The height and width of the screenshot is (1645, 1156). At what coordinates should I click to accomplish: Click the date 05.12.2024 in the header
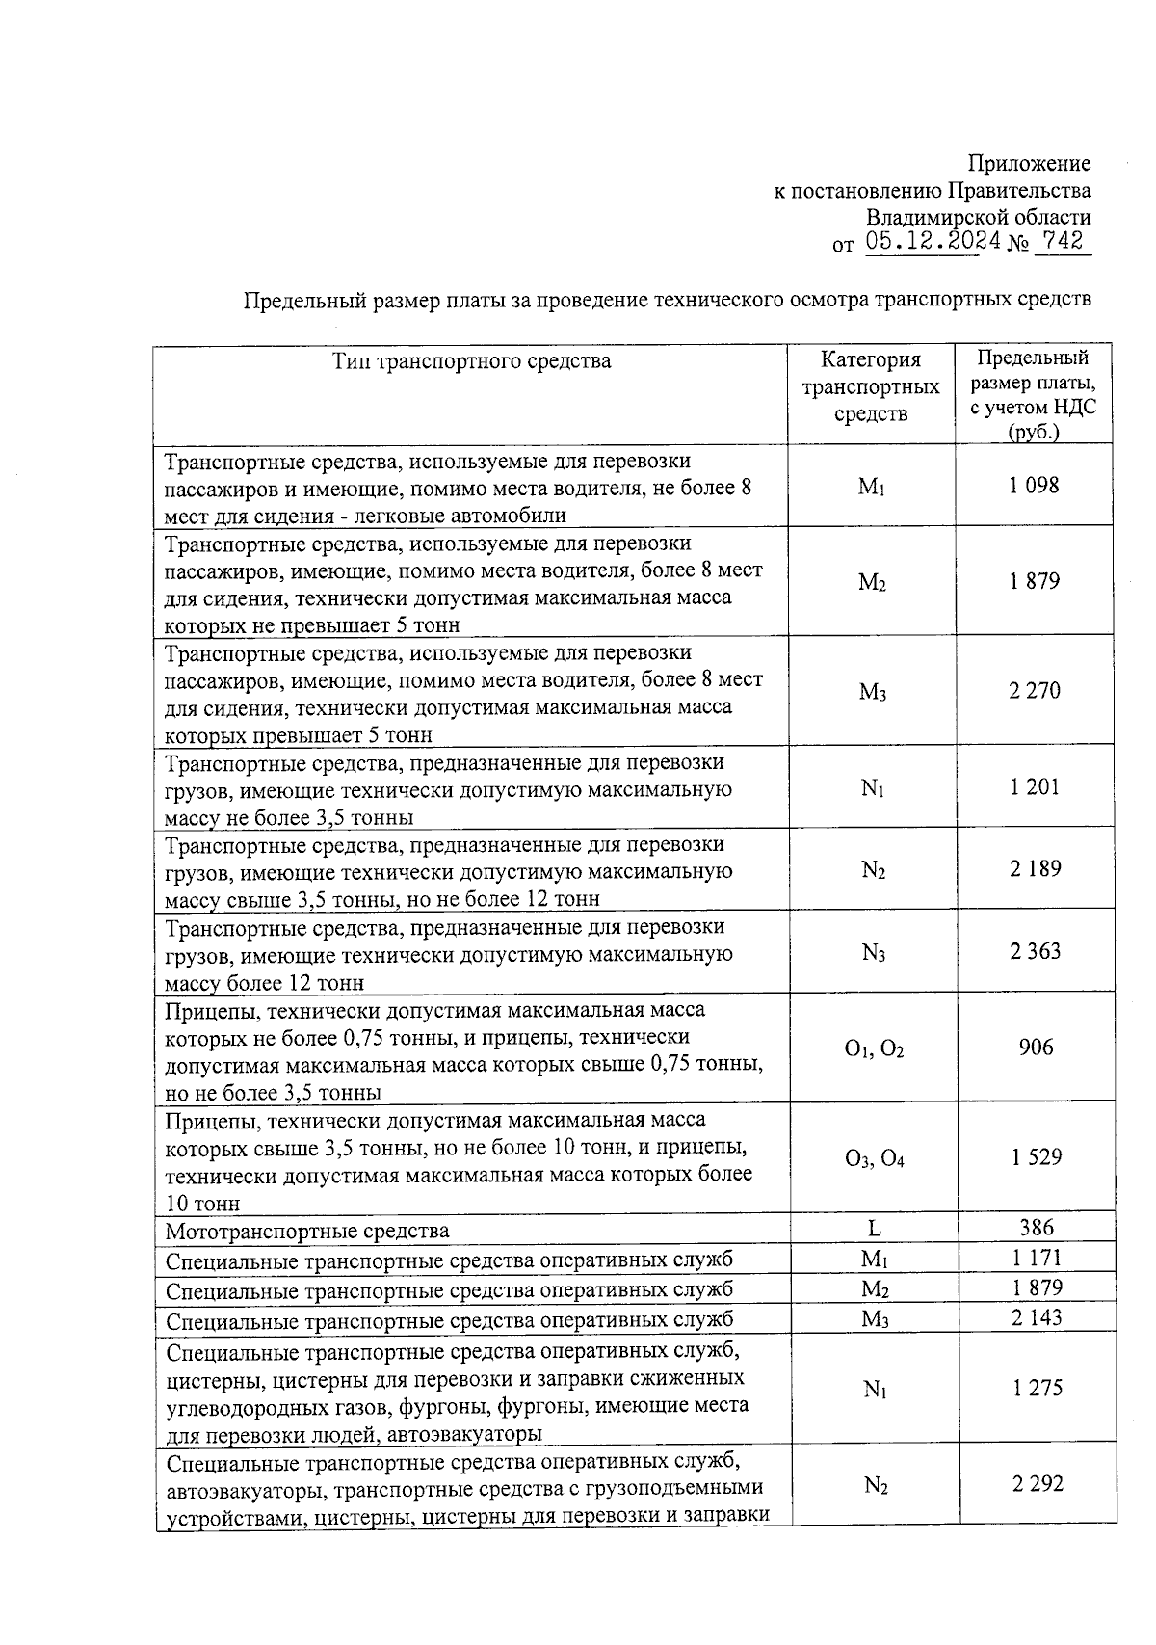tap(932, 242)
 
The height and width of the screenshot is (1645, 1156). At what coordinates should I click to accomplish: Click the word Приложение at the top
tap(1029, 163)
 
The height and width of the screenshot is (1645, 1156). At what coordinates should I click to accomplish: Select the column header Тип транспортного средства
tap(471, 361)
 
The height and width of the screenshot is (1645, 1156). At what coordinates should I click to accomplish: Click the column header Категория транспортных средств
tap(871, 387)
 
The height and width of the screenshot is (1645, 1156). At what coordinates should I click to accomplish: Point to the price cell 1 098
tap(1034, 486)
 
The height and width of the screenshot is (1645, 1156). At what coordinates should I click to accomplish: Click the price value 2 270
tap(1034, 690)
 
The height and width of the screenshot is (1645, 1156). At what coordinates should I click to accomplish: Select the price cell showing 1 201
tap(1034, 787)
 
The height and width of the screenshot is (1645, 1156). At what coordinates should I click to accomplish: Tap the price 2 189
tap(1035, 869)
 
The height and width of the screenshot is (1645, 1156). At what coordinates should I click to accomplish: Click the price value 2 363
tap(1035, 951)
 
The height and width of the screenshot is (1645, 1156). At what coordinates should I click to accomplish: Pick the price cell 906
tap(1036, 1048)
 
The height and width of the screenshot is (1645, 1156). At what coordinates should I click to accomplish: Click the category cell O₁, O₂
tap(873, 1049)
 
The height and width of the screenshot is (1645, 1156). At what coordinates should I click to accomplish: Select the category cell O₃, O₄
tap(874, 1158)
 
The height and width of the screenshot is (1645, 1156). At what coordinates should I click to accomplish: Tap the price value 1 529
tap(1036, 1157)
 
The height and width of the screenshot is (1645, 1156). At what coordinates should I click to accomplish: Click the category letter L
tap(874, 1229)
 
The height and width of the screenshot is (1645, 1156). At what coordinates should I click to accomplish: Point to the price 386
tap(1037, 1228)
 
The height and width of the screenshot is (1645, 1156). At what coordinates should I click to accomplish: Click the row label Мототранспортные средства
tap(306, 1232)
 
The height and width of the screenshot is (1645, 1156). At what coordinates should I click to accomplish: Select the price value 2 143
tap(1037, 1317)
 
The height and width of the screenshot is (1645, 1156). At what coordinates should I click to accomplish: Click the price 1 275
tap(1038, 1388)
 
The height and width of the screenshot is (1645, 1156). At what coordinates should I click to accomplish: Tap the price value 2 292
tap(1038, 1484)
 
